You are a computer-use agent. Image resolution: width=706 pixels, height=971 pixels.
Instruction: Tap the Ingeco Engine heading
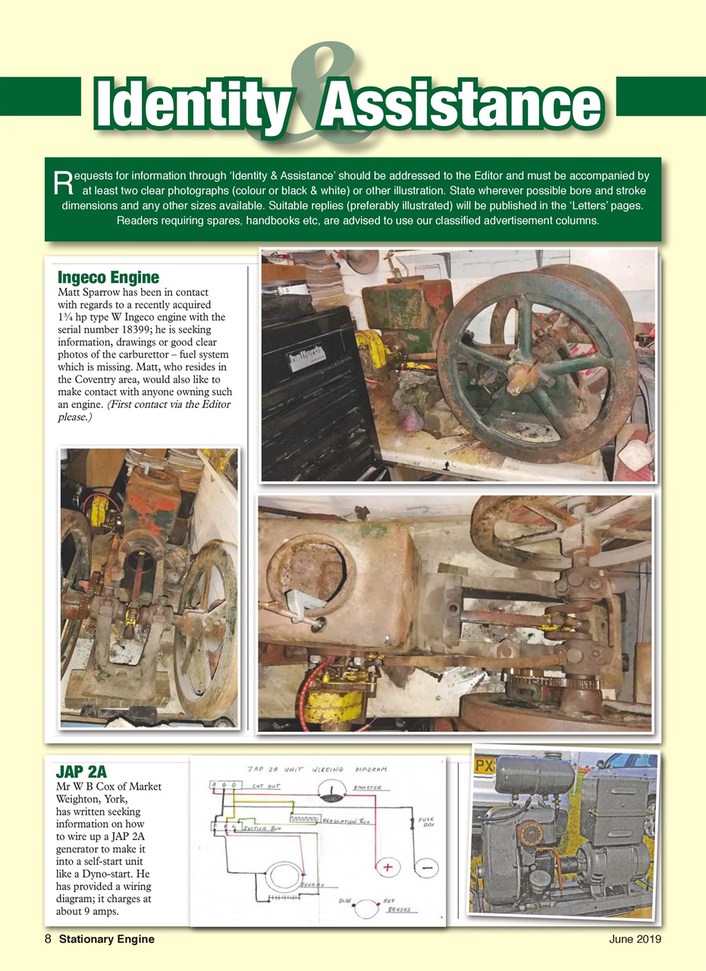pyautogui.click(x=108, y=277)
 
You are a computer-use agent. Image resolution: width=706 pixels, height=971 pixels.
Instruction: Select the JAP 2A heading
pyautogui.click(x=81, y=772)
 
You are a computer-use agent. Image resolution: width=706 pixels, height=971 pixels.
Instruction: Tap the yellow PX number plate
pyautogui.click(x=484, y=767)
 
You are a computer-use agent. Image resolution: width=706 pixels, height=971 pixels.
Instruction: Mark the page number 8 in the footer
pyautogui.click(x=48, y=939)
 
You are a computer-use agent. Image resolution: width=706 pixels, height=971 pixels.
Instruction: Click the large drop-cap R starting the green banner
pyautogui.click(x=64, y=181)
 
